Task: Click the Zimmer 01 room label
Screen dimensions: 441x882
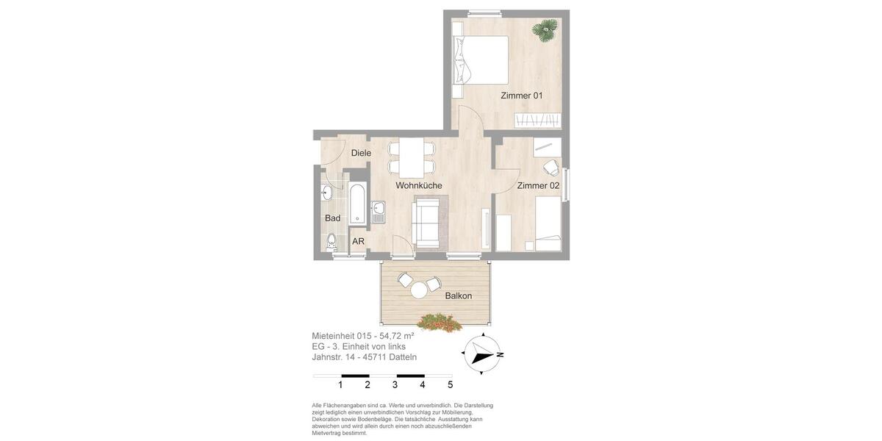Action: (x=521, y=96)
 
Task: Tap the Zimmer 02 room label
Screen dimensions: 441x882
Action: (x=538, y=186)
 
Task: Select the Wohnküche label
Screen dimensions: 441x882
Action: (x=419, y=186)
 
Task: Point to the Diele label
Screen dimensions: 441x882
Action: (x=361, y=153)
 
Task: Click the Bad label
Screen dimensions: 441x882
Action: (x=333, y=218)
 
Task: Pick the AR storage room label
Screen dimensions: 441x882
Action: (x=358, y=241)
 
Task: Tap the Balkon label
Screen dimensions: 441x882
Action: (x=458, y=296)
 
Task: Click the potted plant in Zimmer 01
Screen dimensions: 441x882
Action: (x=545, y=30)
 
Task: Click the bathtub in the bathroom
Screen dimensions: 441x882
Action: (x=357, y=204)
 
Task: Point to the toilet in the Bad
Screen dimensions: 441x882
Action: (x=331, y=240)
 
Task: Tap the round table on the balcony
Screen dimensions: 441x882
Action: (x=419, y=290)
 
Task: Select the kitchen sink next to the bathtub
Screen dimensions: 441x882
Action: (x=379, y=212)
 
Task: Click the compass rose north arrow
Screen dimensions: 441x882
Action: (x=482, y=354)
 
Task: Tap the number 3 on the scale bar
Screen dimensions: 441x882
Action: (x=395, y=384)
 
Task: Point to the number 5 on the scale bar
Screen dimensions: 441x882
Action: (x=450, y=384)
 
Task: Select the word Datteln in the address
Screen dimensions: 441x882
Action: (x=403, y=357)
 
